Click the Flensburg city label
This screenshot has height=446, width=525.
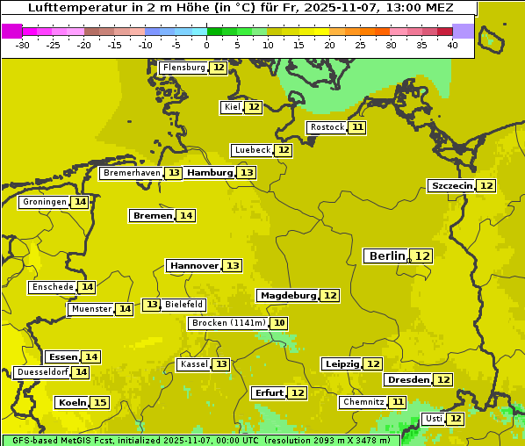pos(184,68)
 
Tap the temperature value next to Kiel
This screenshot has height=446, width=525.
pos(254,107)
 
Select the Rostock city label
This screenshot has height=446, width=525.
pos(327,127)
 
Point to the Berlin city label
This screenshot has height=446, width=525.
pos(387,255)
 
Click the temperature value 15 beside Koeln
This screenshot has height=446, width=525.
pos(100,403)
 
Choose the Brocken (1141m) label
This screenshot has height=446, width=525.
pos(227,323)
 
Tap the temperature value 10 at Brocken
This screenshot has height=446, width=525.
pos(279,323)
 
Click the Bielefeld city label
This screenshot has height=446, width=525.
pos(183,305)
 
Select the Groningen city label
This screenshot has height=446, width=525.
pos(45,202)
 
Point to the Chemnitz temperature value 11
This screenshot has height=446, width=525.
pos(399,402)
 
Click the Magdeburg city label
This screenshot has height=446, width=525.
pos(288,296)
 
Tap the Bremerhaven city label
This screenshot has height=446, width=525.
pos(132,173)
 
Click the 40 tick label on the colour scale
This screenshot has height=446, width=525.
pos(452,45)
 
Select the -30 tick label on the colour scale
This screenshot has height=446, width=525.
pos(23,45)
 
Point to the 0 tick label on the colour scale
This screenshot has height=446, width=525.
pos(207,45)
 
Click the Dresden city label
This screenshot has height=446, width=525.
pos(408,380)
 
